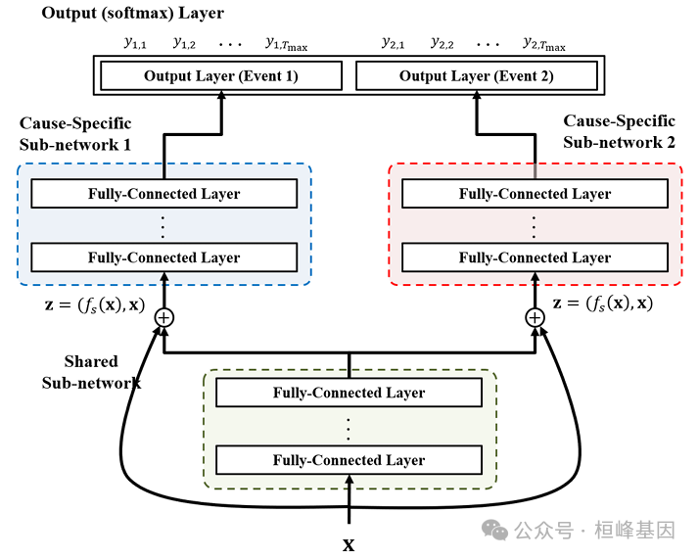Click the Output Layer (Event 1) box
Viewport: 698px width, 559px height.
point(220,76)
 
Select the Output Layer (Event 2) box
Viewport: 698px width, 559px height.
point(476,76)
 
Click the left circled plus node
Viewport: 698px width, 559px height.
point(163,317)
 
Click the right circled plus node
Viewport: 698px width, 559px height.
point(535,317)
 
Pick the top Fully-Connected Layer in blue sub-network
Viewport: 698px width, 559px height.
point(163,194)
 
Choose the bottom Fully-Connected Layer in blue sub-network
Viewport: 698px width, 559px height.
point(163,257)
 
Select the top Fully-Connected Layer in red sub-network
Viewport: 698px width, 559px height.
point(535,194)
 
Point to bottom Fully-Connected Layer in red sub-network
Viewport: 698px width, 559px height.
point(535,257)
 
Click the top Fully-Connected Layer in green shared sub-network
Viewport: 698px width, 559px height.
point(349,393)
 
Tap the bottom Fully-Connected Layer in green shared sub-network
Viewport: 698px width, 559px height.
point(349,459)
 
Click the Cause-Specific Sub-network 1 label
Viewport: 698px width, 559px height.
point(75,134)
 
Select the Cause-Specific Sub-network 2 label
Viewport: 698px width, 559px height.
point(619,131)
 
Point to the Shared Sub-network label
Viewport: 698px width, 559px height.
point(91,372)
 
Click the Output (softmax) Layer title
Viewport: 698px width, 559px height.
point(132,14)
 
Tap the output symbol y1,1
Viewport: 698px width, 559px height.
point(134,43)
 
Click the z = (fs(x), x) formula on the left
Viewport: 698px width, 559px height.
point(81,304)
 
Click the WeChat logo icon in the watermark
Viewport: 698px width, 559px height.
point(496,530)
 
